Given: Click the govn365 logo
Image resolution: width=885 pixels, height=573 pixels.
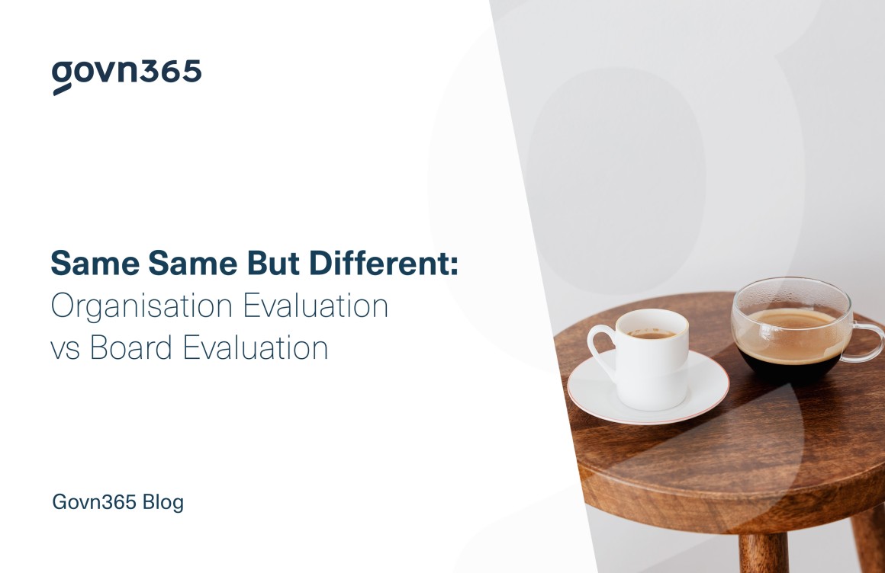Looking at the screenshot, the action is (x=127, y=76).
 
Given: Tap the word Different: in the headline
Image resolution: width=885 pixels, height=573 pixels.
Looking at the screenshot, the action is (x=384, y=264).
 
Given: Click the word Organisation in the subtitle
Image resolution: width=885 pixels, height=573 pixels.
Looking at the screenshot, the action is (x=142, y=307).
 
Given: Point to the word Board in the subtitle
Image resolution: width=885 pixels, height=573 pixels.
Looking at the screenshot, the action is (x=131, y=347).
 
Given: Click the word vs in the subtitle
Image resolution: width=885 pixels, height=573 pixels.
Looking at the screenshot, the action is (x=66, y=351).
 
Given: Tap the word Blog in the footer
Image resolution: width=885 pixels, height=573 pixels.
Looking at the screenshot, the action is (x=163, y=502).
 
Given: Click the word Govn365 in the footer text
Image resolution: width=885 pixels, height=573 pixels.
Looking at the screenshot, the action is (x=95, y=502).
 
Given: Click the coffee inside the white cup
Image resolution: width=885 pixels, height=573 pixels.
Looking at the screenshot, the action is (x=651, y=334).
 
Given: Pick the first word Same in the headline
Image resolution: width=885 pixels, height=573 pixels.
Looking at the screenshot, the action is (x=95, y=264).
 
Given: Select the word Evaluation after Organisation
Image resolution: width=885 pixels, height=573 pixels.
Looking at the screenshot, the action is (x=316, y=306).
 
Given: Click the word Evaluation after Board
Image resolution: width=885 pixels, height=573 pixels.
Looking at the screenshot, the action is (x=256, y=347).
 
